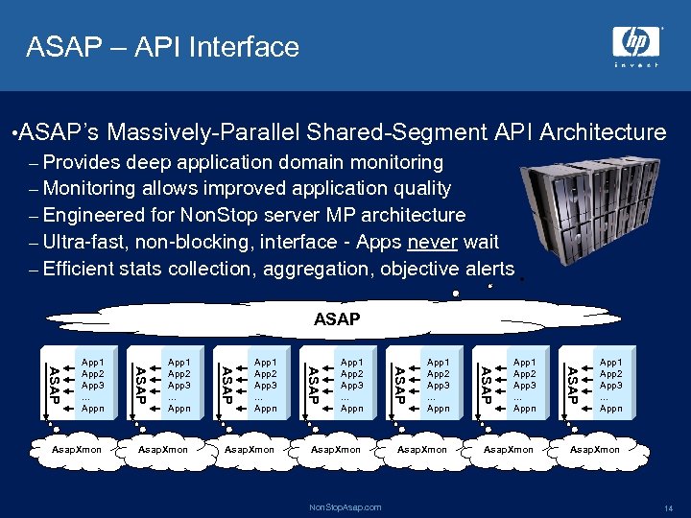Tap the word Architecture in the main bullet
[603, 131]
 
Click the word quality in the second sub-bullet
[418, 188]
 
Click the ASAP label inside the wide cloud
[337, 318]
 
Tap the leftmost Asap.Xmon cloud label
[77, 449]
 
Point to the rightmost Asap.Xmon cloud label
[595, 449]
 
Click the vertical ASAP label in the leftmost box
[55, 385]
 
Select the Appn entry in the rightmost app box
[610, 409]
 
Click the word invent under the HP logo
[636, 65]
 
